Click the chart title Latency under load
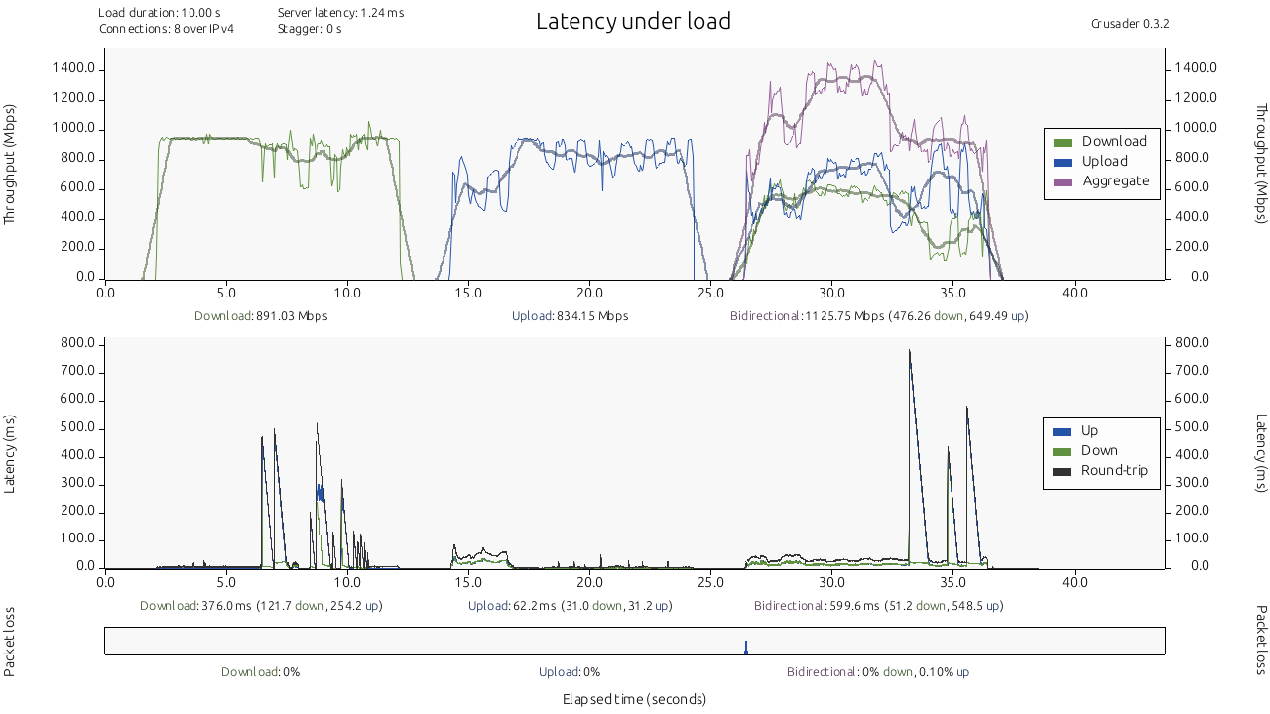tap(633, 21)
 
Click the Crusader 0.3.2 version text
tap(1129, 23)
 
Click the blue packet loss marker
tap(746, 648)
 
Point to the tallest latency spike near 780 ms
tap(909, 351)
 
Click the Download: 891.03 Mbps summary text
tap(261, 316)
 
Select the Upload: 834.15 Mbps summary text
tap(570, 316)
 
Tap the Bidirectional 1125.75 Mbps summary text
tap(878, 316)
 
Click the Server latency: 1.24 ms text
tap(340, 13)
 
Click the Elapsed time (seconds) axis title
tap(634, 699)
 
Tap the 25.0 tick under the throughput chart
tap(710, 293)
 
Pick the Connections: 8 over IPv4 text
tap(167, 29)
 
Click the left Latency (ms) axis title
tap(10, 453)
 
